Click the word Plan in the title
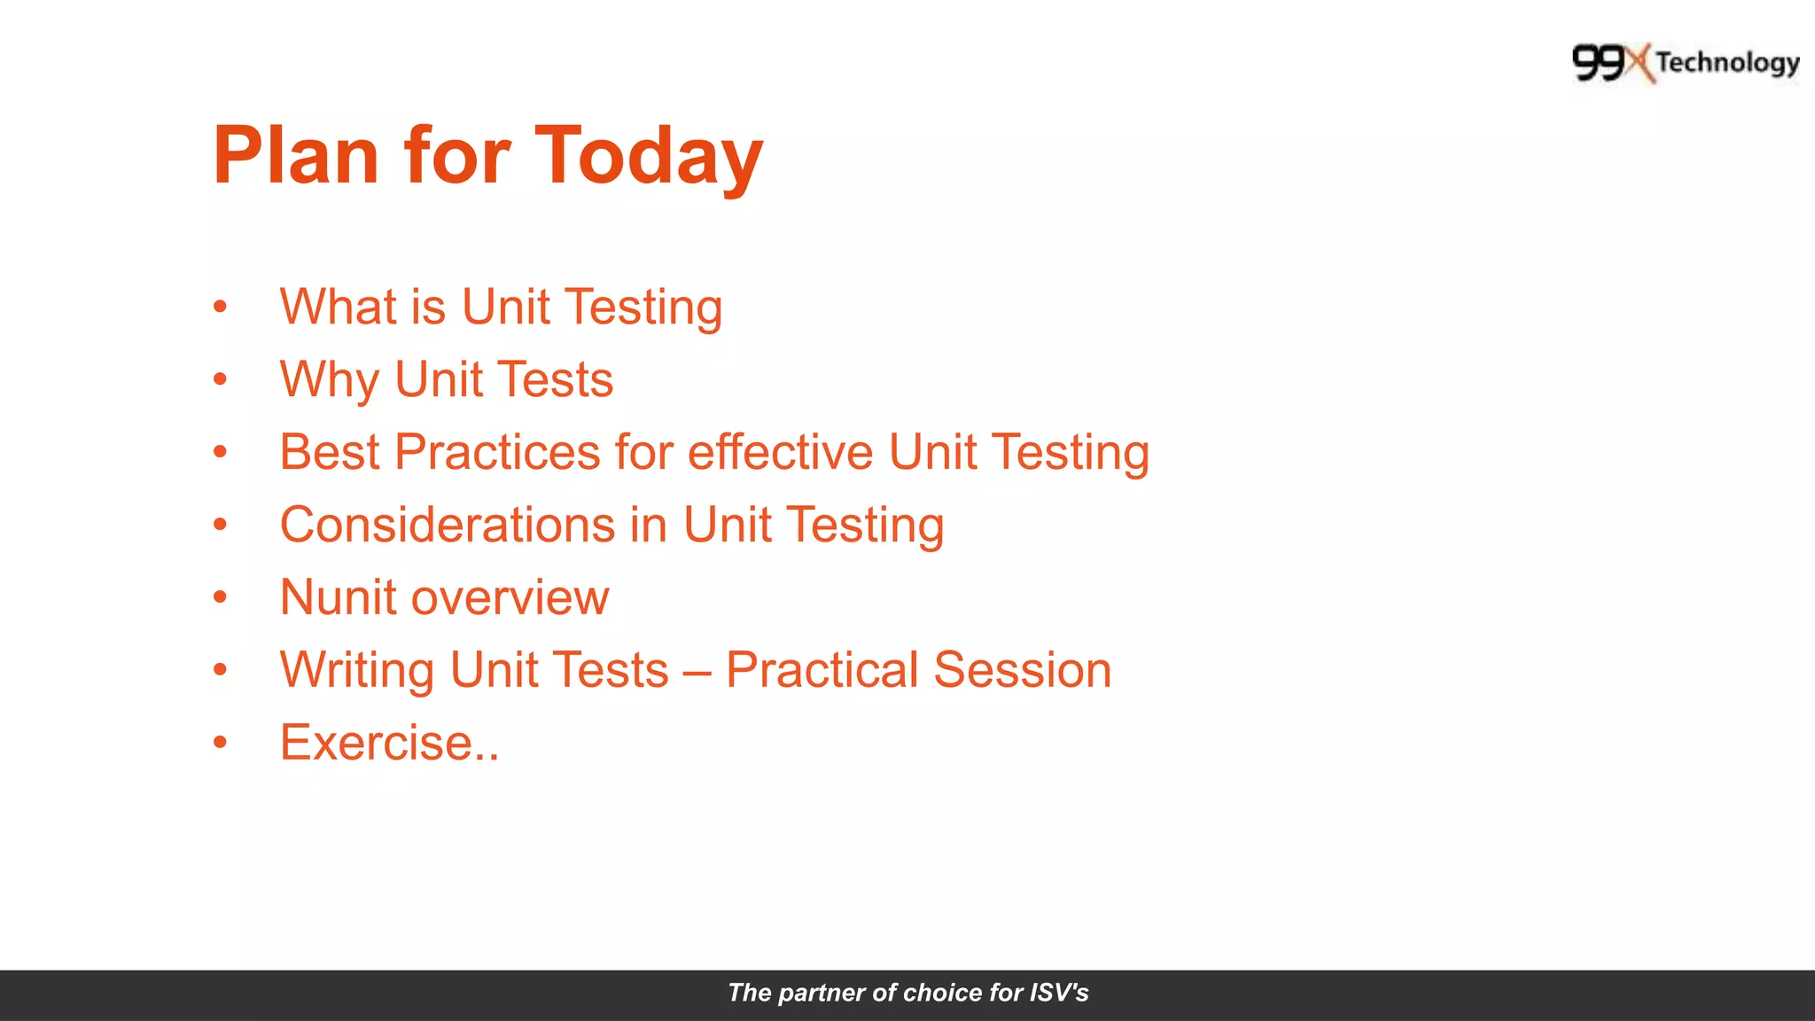tap(296, 156)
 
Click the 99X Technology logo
tap(1686, 63)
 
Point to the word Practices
tap(497, 452)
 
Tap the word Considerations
tap(447, 525)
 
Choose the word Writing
tap(356, 671)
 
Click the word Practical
tap(822, 670)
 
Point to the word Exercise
tap(376, 743)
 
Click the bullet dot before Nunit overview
tap(220, 597)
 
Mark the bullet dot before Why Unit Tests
tap(220, 379)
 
